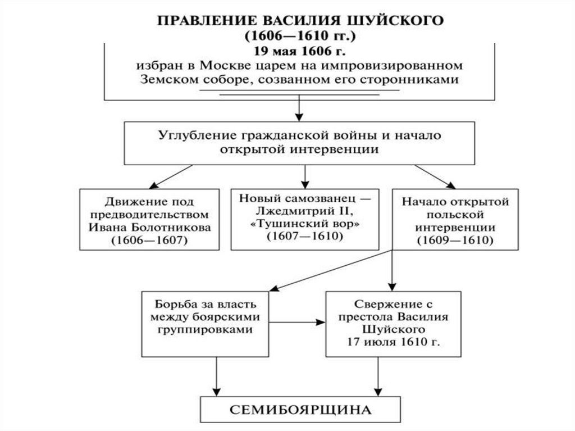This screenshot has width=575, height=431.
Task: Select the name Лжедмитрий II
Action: (304, 211)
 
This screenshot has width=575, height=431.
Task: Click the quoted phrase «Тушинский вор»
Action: (304, 224)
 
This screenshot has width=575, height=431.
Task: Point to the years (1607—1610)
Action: (304, 237)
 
